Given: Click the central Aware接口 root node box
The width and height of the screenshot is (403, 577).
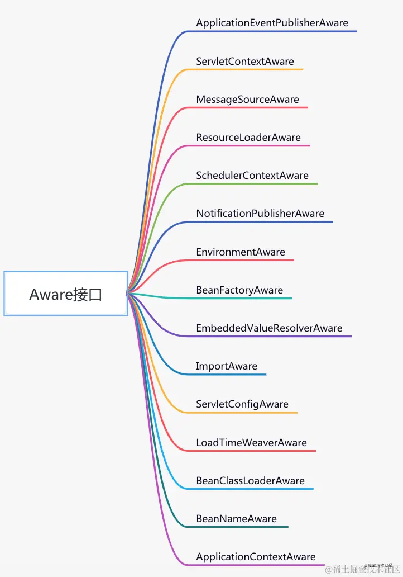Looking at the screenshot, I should (66, 294).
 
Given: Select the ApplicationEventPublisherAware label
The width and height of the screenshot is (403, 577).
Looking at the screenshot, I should (272, 23).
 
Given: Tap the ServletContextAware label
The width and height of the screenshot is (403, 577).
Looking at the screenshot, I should (245, 62).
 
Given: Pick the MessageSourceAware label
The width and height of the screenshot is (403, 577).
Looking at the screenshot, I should (247, 100).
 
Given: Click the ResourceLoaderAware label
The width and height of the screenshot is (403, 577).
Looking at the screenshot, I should (248, 138).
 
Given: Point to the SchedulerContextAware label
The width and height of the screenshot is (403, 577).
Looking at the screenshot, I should (252, 176).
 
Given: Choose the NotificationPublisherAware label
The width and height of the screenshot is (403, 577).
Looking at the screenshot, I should (260, 214).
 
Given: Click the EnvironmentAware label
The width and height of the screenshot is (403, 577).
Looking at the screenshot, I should (241, 252).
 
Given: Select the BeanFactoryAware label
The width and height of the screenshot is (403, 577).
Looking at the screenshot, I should (239, 290).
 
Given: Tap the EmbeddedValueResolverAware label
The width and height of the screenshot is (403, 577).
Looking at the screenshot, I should (269, 328).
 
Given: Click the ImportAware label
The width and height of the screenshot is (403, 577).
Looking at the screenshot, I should (227, 366).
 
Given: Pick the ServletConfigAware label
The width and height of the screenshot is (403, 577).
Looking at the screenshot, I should (242, 404).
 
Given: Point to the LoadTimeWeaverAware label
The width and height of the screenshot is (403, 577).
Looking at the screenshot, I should (251, 443).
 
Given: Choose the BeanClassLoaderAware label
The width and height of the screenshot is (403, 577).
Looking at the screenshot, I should (250, 481).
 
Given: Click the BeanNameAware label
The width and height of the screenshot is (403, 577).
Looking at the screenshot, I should (236, 519).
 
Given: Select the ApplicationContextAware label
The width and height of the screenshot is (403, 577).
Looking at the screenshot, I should (256, 557).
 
